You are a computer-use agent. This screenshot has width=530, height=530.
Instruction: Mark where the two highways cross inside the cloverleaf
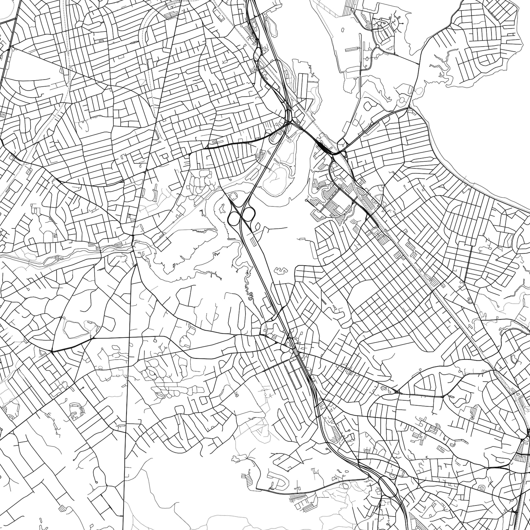click(241, 216)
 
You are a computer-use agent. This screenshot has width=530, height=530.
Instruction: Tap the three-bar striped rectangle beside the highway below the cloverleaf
click(254, 241)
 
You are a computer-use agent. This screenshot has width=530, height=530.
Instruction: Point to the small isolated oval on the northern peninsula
click(343, 30)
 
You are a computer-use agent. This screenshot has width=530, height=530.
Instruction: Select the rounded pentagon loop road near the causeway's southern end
click(369, 105)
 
